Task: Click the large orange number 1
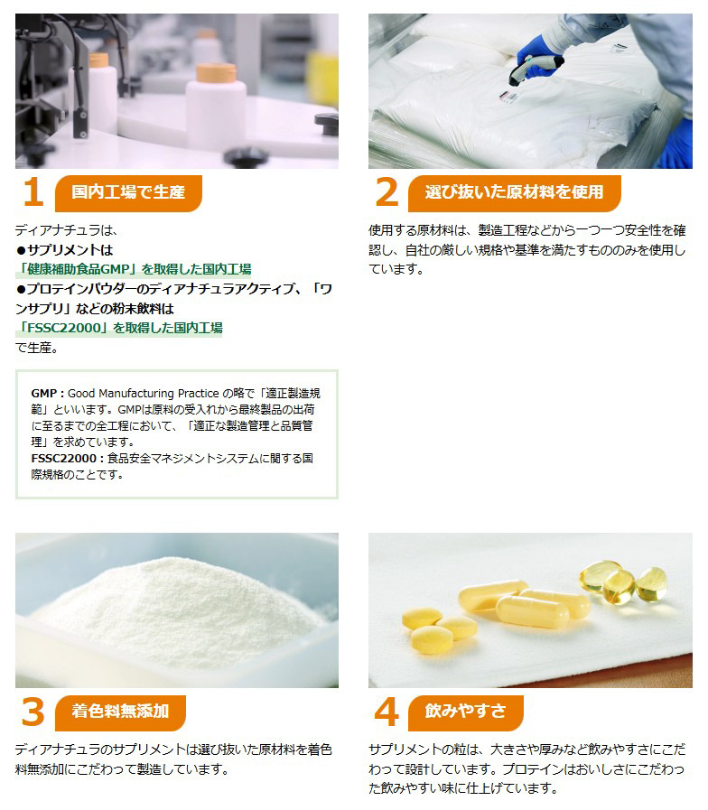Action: (34, 191)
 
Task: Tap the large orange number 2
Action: (387, 191)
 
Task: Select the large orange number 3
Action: (33, 712)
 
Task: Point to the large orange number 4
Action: (387, 712)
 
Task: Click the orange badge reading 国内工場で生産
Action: (128, 192)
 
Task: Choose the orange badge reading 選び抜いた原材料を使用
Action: (514, 192)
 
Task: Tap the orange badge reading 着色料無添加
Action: (120, 712)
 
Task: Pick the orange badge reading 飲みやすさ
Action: (465, 712)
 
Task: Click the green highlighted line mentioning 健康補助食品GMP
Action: (134, 269)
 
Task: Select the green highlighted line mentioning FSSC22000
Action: (119, 328)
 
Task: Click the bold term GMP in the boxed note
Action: (44, 394)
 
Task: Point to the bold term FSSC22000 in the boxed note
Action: (64, 459)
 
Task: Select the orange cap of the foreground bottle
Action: (216, 73)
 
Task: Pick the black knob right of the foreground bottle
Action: (328, 125)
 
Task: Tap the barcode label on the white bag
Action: (508, 97)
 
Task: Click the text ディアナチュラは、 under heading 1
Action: (66, 230)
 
